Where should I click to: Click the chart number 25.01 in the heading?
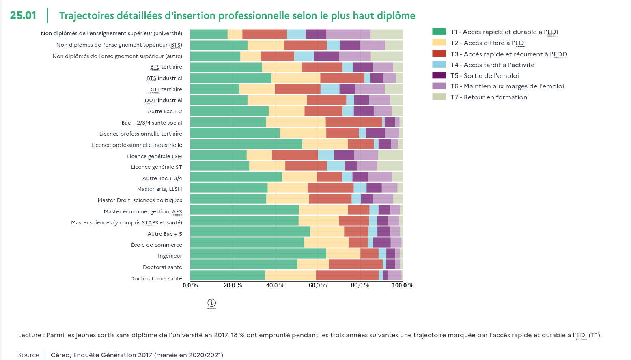point(23,15)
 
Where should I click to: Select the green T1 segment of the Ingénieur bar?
point(258,254)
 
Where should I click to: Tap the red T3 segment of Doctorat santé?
point(355,265)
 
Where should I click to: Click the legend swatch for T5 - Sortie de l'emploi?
point(439,75)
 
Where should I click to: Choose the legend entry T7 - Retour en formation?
point(489,97)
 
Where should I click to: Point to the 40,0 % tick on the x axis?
point(275,285)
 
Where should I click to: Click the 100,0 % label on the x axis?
point(403,285)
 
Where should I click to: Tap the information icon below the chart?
point(211,303)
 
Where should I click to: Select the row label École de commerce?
point(156,245)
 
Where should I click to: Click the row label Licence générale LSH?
point(154,156)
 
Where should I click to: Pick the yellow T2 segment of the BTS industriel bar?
point(296,78)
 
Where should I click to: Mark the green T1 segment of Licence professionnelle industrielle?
point(246,144)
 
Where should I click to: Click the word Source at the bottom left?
point(29,355)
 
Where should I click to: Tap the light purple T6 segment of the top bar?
point(348,34)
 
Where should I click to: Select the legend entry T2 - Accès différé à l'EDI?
point(488,43)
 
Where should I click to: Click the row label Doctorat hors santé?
point(156,278)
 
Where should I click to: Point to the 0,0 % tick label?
point(190,285)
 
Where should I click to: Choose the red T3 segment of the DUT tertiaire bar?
point(297,89)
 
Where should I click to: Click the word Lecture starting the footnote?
point(30,335)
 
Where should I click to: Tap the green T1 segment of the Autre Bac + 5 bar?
point(250,232)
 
